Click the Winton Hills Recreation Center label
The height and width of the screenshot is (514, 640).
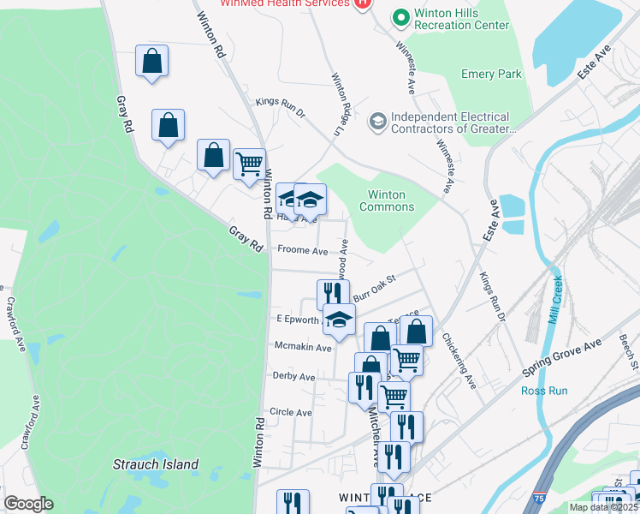(461, 20)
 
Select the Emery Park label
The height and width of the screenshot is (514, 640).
(491, 75)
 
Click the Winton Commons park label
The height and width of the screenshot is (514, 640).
(387, 200)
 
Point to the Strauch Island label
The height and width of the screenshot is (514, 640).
(156, 465)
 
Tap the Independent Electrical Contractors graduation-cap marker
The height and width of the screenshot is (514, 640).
(376, 122)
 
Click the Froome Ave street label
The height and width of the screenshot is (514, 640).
(302, 251)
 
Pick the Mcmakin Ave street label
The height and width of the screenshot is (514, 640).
(302, 348)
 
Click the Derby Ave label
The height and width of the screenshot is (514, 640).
(293, 377)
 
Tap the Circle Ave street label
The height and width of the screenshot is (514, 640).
(291, 412)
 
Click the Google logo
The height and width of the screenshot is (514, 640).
(28, 504)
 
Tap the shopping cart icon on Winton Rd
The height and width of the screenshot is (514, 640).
(249, 163)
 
